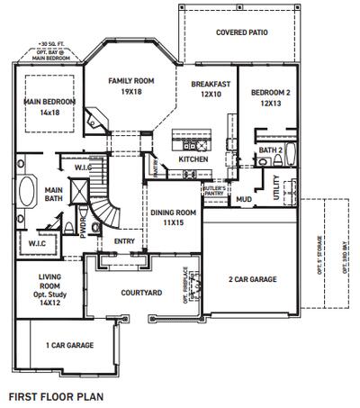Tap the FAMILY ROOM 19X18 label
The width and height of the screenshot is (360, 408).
pyautogui.click(x=131, y=86)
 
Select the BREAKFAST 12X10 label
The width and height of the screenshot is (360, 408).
pyautogui.click(x=211, y=89)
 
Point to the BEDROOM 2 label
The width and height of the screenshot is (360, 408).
pyautogui.click(x=271, y=98)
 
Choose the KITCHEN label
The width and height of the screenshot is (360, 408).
pyautogui.click(x=193, y=159)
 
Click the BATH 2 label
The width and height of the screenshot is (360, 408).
pyautogui.click(x=271, y=150)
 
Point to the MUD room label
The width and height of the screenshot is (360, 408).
pyautogui.click(x=244, y=199)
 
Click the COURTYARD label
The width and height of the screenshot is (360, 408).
pyautogui.click(x=141, y=293)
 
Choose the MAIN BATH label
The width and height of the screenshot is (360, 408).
pyautogui.click(x=53, y=195)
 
